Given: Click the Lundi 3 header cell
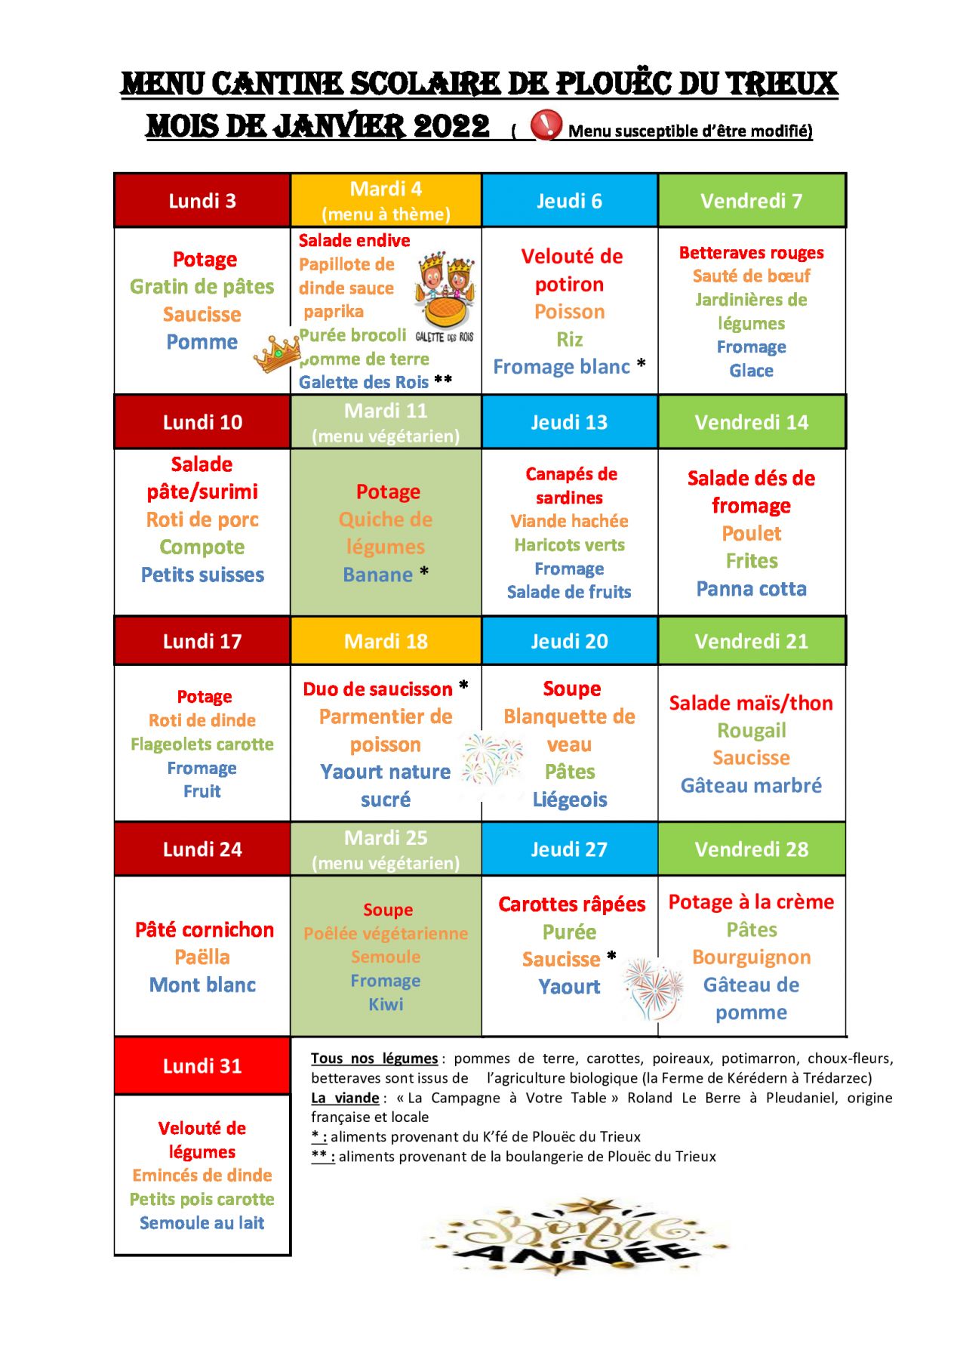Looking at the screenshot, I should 202,201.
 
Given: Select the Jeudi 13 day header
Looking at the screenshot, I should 569,422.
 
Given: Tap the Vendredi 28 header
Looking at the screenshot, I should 751,849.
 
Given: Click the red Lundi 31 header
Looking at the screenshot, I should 202,1066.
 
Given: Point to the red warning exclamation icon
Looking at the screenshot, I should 546,125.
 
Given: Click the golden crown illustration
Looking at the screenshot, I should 276,353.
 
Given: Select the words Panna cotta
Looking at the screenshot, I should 751,589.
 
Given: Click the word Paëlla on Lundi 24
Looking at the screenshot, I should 202,957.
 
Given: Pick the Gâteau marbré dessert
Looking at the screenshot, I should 751,786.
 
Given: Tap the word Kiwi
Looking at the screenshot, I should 386,1004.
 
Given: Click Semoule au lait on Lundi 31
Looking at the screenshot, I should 202,1223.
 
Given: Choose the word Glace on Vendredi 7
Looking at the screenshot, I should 751,371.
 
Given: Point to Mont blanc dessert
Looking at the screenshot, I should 202,985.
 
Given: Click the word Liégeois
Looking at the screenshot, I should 570,800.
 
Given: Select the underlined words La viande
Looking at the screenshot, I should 345,1098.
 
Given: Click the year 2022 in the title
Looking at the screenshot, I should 451,127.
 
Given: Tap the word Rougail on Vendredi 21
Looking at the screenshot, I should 751,731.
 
